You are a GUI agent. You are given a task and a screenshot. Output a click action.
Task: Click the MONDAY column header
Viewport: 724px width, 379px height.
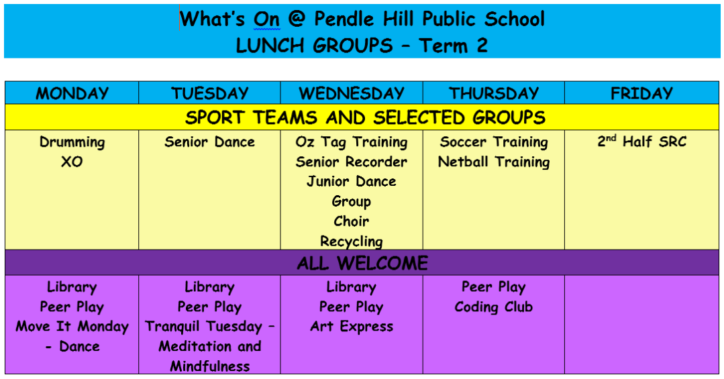click(x=72, y=93)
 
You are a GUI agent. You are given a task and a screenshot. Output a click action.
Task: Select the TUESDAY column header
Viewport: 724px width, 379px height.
click(x=209, y=93)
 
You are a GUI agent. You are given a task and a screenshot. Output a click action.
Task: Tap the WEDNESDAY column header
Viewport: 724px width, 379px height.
click(x=352, y=93)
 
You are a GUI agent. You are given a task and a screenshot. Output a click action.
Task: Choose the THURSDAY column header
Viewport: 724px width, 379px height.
click(x=494, y=93)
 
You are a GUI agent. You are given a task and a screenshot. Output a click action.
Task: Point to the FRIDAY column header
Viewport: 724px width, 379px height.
click(x=641, y=93)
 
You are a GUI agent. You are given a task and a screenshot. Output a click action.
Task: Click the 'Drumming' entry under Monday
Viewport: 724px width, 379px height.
click(x=72, y=143)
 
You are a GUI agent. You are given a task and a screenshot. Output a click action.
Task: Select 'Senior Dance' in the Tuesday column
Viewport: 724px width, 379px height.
click(x=209, y=142)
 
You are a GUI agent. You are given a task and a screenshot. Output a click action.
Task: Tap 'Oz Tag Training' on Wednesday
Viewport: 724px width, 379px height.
click(x=352, y=143)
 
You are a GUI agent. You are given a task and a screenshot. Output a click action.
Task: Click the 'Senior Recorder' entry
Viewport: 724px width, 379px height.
click(x=352, y=162)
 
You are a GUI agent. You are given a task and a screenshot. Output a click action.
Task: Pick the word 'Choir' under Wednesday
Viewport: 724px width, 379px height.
click(x=352, y=221)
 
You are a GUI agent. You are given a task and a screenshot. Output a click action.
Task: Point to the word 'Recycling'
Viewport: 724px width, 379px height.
click(x=352, y=241)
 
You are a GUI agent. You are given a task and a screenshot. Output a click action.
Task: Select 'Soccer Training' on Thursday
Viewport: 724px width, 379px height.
click(x=494, y=143)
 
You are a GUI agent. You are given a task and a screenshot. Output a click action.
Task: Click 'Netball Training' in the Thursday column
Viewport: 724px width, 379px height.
click(x=494, y=162)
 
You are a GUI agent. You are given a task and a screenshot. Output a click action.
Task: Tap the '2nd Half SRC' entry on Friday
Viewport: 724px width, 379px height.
click(x=642, y=142)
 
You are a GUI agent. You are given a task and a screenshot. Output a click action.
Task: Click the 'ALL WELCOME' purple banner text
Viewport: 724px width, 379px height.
click(x=362, y=263)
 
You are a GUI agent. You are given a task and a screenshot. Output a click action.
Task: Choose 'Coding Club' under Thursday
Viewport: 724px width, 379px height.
click(x=494, y=307)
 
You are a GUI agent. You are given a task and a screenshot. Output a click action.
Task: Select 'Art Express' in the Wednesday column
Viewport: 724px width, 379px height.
click(x=352, y=327)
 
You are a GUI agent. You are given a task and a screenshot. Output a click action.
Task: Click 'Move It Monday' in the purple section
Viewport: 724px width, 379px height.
click(x=72, y=327)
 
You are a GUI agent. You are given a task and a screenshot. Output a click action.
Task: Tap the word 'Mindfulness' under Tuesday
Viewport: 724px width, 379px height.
click(x=209, y=366)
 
